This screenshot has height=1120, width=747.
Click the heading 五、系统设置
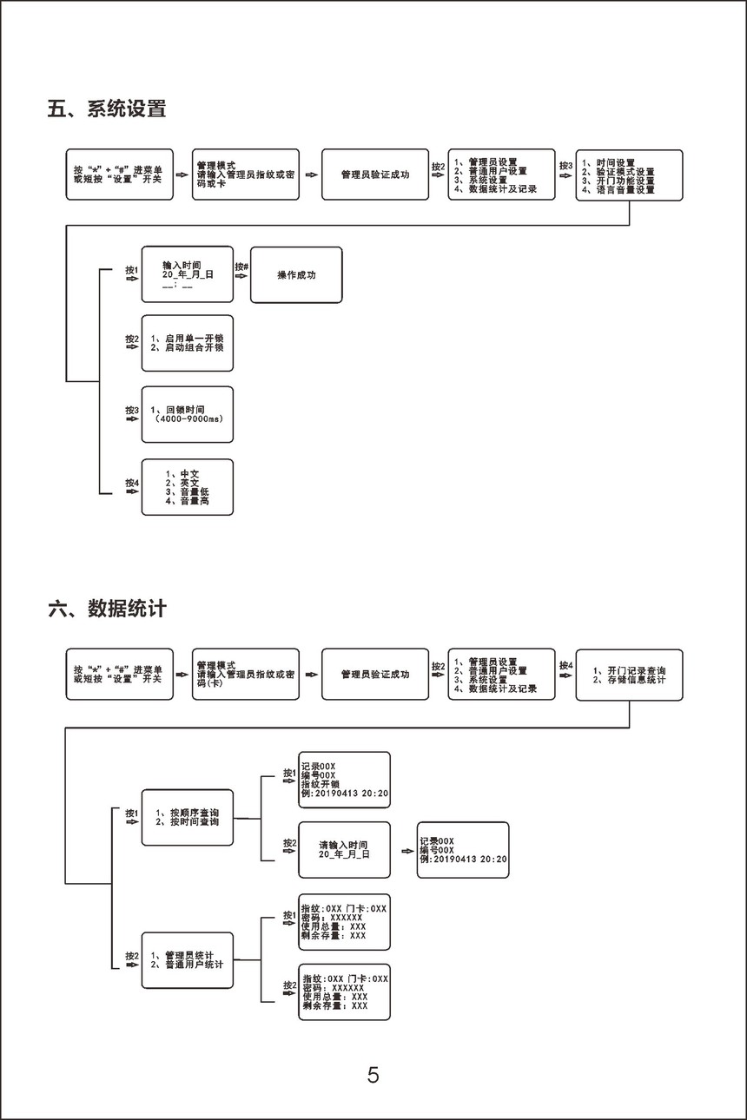pos(106,109)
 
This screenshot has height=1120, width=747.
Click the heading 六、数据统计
pos(106,609)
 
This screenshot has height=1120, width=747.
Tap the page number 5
pos(373,1076)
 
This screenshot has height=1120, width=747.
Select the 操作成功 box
pos(296,275)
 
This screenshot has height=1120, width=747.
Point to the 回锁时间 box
pos(187,414)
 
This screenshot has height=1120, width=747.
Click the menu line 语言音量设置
pos(624,189)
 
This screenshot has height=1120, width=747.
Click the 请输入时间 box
pos(344,849)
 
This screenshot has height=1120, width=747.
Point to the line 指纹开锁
pos(320,784)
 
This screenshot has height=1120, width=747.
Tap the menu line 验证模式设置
pos(624,172)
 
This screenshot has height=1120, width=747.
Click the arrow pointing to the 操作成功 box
pos(241,276)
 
